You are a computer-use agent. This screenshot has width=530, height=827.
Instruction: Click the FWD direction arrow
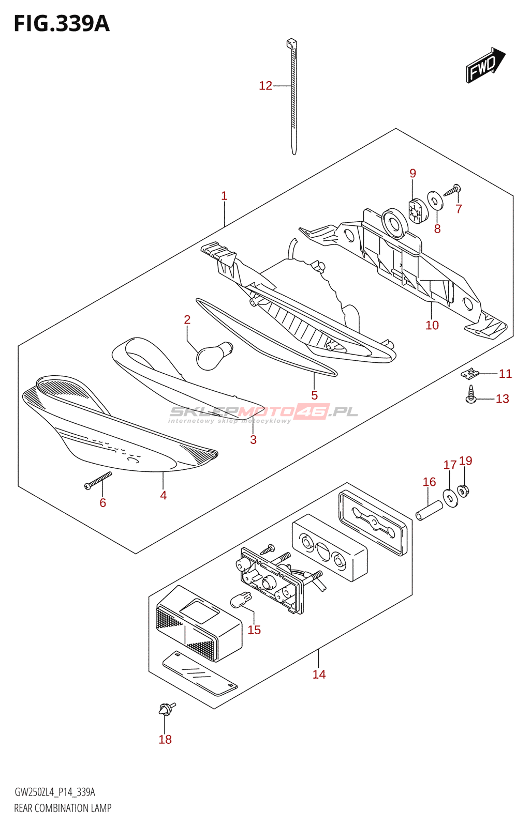tap(485, 65)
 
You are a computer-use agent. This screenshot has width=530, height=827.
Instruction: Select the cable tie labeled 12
tap(293, 98)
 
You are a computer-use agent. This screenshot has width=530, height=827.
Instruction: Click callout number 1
tap(224, 196)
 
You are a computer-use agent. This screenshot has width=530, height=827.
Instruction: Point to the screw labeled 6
tap(98, 480)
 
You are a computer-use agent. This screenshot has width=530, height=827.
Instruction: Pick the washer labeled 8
tap(435, 200)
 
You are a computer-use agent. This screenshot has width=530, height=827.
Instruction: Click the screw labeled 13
tap(471, 394)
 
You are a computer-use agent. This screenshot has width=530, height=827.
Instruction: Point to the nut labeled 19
tap(463, 490)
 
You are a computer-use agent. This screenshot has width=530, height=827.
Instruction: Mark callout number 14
tap(319, 674)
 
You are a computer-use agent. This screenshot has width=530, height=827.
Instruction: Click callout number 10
tap(432, 325)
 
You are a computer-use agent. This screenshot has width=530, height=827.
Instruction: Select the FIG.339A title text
tap(62, 24)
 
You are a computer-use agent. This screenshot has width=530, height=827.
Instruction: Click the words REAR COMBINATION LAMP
tap(63, 808)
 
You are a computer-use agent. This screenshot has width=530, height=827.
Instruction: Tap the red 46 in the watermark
tap(312, 411)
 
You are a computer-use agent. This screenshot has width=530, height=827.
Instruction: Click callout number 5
tap(314, 395)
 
